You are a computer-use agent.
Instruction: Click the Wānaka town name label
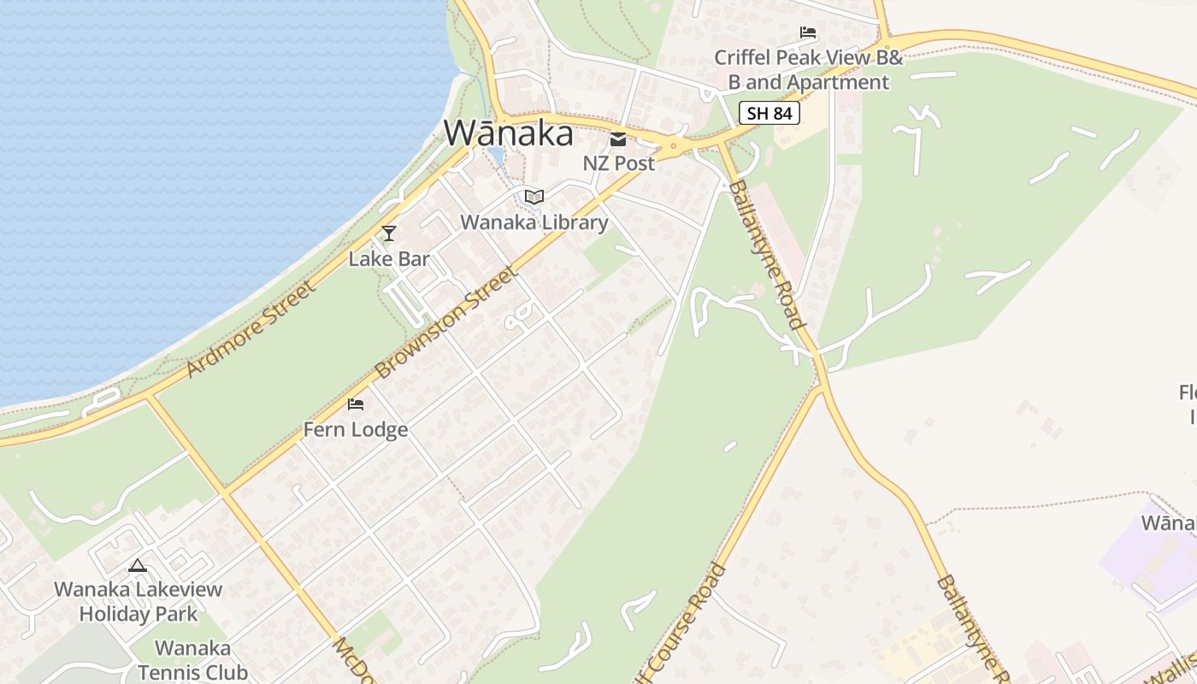coord(508,133)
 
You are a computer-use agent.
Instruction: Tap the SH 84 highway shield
coord(769,113)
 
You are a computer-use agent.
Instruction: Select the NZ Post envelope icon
coord(618,139)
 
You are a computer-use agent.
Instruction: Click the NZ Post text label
coord(618,162)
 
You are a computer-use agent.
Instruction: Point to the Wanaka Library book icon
coord(534,198)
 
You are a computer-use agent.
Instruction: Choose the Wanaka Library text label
coord(534,222)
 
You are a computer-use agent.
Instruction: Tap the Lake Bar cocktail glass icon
coord(389,233)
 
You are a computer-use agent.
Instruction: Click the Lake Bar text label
coord(389,258)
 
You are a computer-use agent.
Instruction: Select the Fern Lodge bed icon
coord(356,404)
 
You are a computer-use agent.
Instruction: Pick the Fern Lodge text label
coord(356,429)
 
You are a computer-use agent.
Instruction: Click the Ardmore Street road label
coord(251,328)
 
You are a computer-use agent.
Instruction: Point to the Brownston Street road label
coord(446,323)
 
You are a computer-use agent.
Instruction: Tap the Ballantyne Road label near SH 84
coord(767,254)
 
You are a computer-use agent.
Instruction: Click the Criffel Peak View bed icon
coord(808,33)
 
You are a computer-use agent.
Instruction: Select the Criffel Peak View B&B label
coord(809,70)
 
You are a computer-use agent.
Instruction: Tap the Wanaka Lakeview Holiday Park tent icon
coord(138,565)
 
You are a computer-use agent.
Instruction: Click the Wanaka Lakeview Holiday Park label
coord(139,601)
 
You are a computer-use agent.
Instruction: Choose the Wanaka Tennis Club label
coord(193,660)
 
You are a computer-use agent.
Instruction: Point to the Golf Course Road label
coord(681,624)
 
